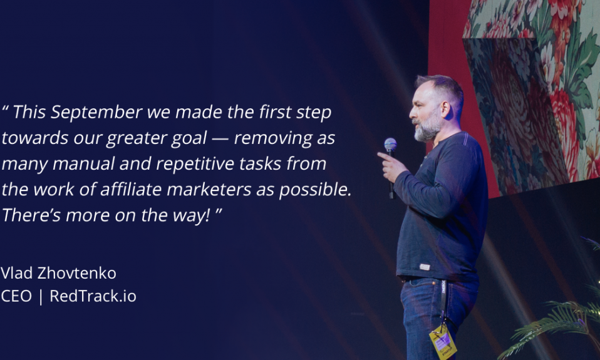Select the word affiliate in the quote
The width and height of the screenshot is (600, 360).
(x=131, y=189)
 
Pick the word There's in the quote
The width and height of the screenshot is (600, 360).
(x=31, y=215)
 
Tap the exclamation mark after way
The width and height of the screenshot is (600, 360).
(x=208, y=215)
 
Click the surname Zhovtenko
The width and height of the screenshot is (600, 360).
(x=76, y=273)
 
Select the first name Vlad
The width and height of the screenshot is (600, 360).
(x=16, y=273)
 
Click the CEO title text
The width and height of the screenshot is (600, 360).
(x=16, y=296)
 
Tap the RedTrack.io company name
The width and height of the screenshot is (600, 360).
(x=93, y=296)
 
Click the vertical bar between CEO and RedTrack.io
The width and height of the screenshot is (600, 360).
(x=41, y=297)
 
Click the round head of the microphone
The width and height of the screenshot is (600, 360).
(x=390, y=145)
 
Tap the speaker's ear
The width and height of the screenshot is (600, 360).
(x=445, y=110)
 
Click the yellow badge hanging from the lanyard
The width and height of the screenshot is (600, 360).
(x=443, y=342)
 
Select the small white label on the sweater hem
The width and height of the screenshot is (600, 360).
(x=425, y=267)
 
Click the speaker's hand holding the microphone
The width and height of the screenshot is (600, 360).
(x=392, y=167)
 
